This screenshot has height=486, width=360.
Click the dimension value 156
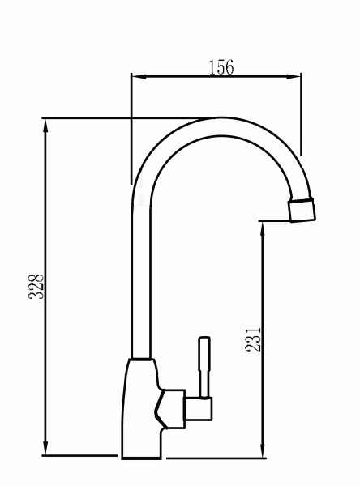coord(221,67)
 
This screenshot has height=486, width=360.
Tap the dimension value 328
coord(36,287)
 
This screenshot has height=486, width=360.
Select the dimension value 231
coord(253,339)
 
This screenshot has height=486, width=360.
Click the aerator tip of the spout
coord(302,210)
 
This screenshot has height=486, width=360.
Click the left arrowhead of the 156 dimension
coord(139,77)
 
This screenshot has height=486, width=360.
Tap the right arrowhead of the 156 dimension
coord(294,77)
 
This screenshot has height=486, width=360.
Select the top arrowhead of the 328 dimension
coord(45,126)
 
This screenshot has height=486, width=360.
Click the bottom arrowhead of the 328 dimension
coord(45,448)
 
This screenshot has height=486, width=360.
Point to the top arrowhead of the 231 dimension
coord(263,228)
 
